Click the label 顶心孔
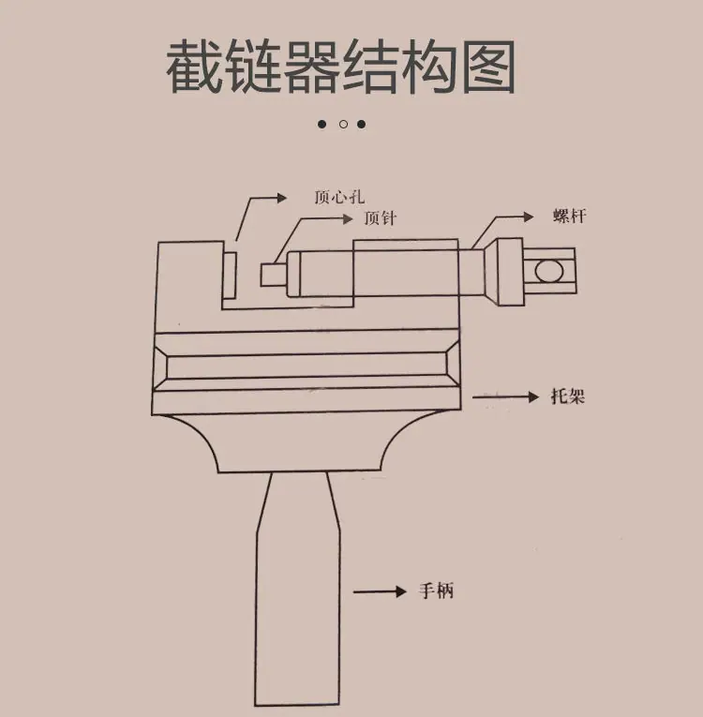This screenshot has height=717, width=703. (x=339, y=197)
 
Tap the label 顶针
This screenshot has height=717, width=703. (x=380, y=218)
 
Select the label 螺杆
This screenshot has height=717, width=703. (x=570, y=216)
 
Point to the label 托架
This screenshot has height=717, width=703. (x=568, y=396)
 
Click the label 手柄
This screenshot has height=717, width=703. (x=437, y=590)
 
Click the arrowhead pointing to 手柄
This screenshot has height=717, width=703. (x=401, y=591)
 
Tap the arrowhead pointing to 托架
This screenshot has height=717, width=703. (x=533, y=396)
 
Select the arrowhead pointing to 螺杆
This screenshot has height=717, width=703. (x=529, y=217)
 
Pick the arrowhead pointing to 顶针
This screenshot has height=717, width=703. (x=348, y=219)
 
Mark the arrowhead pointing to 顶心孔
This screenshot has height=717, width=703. (x=282, y=198)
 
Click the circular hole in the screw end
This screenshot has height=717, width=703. (x=548, y=271)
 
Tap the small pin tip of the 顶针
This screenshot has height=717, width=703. (x=274, y=275)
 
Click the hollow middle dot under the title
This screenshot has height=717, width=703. (x=343, y=125)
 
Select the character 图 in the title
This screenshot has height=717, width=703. (x=488, y=67)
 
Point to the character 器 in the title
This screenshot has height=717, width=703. (x=312, y=67)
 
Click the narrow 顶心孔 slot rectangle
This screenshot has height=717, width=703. (x=230, y=276)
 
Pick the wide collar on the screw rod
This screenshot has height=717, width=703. (x=510, y=272)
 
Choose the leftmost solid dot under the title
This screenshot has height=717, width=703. (x=322, y=125)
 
